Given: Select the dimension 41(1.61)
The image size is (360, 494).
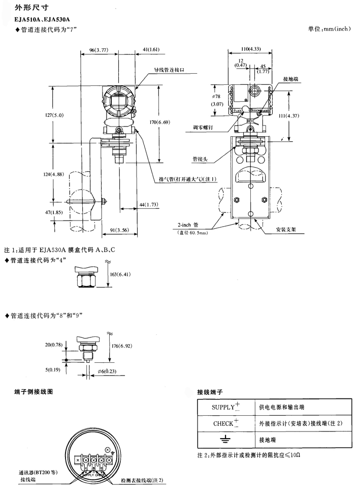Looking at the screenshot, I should click(150, 50).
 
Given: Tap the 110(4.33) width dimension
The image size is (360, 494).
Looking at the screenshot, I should click(251, 49).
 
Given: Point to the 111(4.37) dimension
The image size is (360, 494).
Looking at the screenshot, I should click(303, 116).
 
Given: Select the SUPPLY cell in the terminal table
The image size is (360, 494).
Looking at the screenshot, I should click(221, 407).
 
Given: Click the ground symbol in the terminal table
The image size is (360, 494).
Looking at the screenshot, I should click(221, 439).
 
